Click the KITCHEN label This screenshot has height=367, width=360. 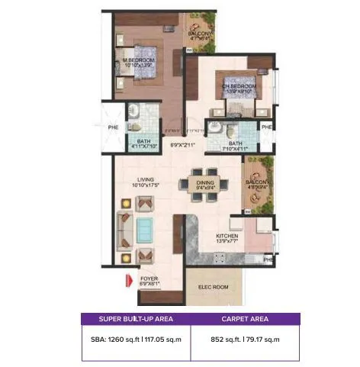point(227,237)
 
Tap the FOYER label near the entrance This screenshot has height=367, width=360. point(149,279)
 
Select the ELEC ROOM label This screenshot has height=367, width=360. point(214,287)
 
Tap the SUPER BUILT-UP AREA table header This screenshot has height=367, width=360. point(136,319)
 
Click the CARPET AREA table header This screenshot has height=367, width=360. point(245,319)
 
